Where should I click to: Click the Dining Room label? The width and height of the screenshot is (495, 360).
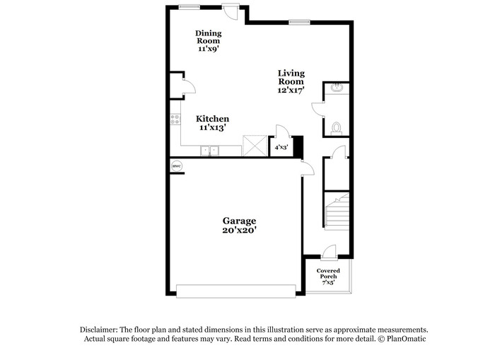tap(209, 37)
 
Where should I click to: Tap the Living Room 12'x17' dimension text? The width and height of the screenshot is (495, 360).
tap(291, 90)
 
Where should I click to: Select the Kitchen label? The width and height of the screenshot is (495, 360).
tap(212, 119)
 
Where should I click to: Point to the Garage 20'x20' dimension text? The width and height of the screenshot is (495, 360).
tap(239, 230)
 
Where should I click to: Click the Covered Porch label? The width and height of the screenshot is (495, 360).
tap(328, 274)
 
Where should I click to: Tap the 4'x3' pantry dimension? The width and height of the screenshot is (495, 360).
tap(281, 147)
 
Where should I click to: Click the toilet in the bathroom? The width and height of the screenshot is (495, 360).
tap(336, 129)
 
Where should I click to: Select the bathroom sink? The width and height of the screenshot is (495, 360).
tap(337, 88)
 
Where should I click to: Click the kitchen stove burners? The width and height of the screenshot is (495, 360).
tap(175, 120)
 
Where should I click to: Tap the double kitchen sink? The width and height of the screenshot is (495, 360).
tap(209, 151)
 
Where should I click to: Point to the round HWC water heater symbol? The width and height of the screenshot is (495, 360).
tap(177, 166)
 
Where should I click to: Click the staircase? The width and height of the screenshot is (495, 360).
tap(337, 211)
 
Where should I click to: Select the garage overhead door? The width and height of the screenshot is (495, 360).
tap(235, 291)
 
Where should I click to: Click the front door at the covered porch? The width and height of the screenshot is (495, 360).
tap(330, 253)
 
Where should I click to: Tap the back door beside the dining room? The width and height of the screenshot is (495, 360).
tap(231, 12)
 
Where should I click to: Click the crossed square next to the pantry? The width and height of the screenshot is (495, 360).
tap(255, 146)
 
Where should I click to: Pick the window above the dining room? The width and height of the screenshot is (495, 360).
tap(189, 7)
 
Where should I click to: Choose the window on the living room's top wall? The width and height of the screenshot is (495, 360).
tap(299, 22)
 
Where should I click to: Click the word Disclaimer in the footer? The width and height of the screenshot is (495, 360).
tap(99, 330)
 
